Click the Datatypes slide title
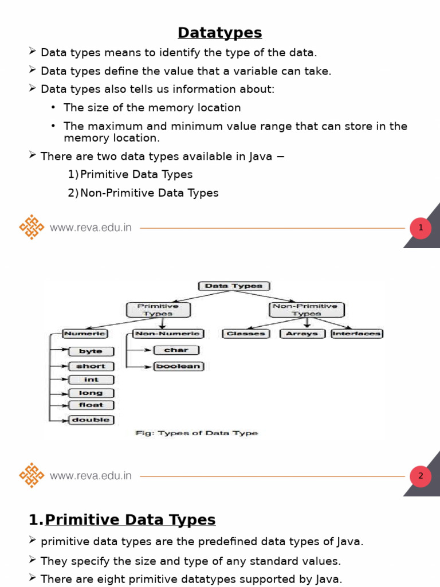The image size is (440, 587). click(x=219, y=33)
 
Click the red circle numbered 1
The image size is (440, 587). click(x=421, y=228)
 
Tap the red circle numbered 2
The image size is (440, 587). click(x=421, y=476)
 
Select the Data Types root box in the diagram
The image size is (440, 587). click(x=234, y=286)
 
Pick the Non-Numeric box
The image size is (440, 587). click(x=167, y=334)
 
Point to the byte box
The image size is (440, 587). click(x=91, y=351)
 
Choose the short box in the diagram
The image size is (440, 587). click(x=91, y=366)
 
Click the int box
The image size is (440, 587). click(x=91, y=379)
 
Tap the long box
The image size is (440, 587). click(x=91, y=393)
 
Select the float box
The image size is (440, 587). click(x=91, y=405)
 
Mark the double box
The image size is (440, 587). click(x=91, y=420)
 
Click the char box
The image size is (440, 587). click(x=176, y=350)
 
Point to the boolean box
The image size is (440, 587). click(x=179, y=366)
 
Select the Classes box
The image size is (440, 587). click(x=246, y=334)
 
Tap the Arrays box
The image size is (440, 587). click(x=302, y=334)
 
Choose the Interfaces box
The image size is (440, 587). click(x=357, y=334)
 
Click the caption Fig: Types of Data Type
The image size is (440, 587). click(x=197, y=433)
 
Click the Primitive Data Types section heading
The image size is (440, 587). click(x=129, y=520)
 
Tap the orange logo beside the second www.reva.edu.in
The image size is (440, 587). click(x=32, y=476)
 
